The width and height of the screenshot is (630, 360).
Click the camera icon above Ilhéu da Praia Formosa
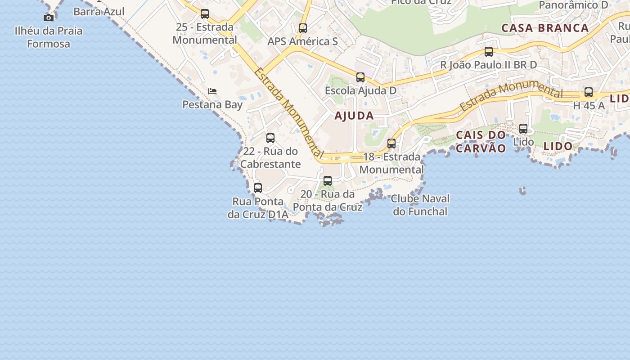point(49,18)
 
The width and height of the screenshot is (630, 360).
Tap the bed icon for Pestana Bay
point(212,91)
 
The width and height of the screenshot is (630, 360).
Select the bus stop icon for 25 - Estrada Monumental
point(205,14)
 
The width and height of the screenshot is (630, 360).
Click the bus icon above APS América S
point(303,28)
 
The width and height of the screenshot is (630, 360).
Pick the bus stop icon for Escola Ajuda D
point(360,77)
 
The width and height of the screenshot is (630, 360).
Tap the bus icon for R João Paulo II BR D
point(489,52)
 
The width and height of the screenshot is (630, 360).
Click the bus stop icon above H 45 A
point(589,92)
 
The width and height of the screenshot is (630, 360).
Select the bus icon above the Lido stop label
point(523,129)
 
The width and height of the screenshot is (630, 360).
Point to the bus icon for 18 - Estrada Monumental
point(391,144)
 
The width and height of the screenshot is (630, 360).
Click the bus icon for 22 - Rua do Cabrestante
point(270,138)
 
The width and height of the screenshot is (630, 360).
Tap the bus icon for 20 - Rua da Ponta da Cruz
point(328,181)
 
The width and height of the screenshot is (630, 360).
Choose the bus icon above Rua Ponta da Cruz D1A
point(258,188)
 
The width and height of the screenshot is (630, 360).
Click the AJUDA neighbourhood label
point(354,116)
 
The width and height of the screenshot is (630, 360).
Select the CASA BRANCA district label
point(545,28)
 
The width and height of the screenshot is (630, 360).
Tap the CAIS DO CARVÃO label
point(481,142)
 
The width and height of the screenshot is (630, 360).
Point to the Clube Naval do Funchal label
point(420,205)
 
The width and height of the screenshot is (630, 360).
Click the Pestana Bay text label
point(212,105)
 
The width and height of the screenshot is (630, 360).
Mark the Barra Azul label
point(99,11)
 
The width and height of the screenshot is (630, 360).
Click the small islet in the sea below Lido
point(522,191)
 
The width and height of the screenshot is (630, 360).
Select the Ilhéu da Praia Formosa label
point(49,37)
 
